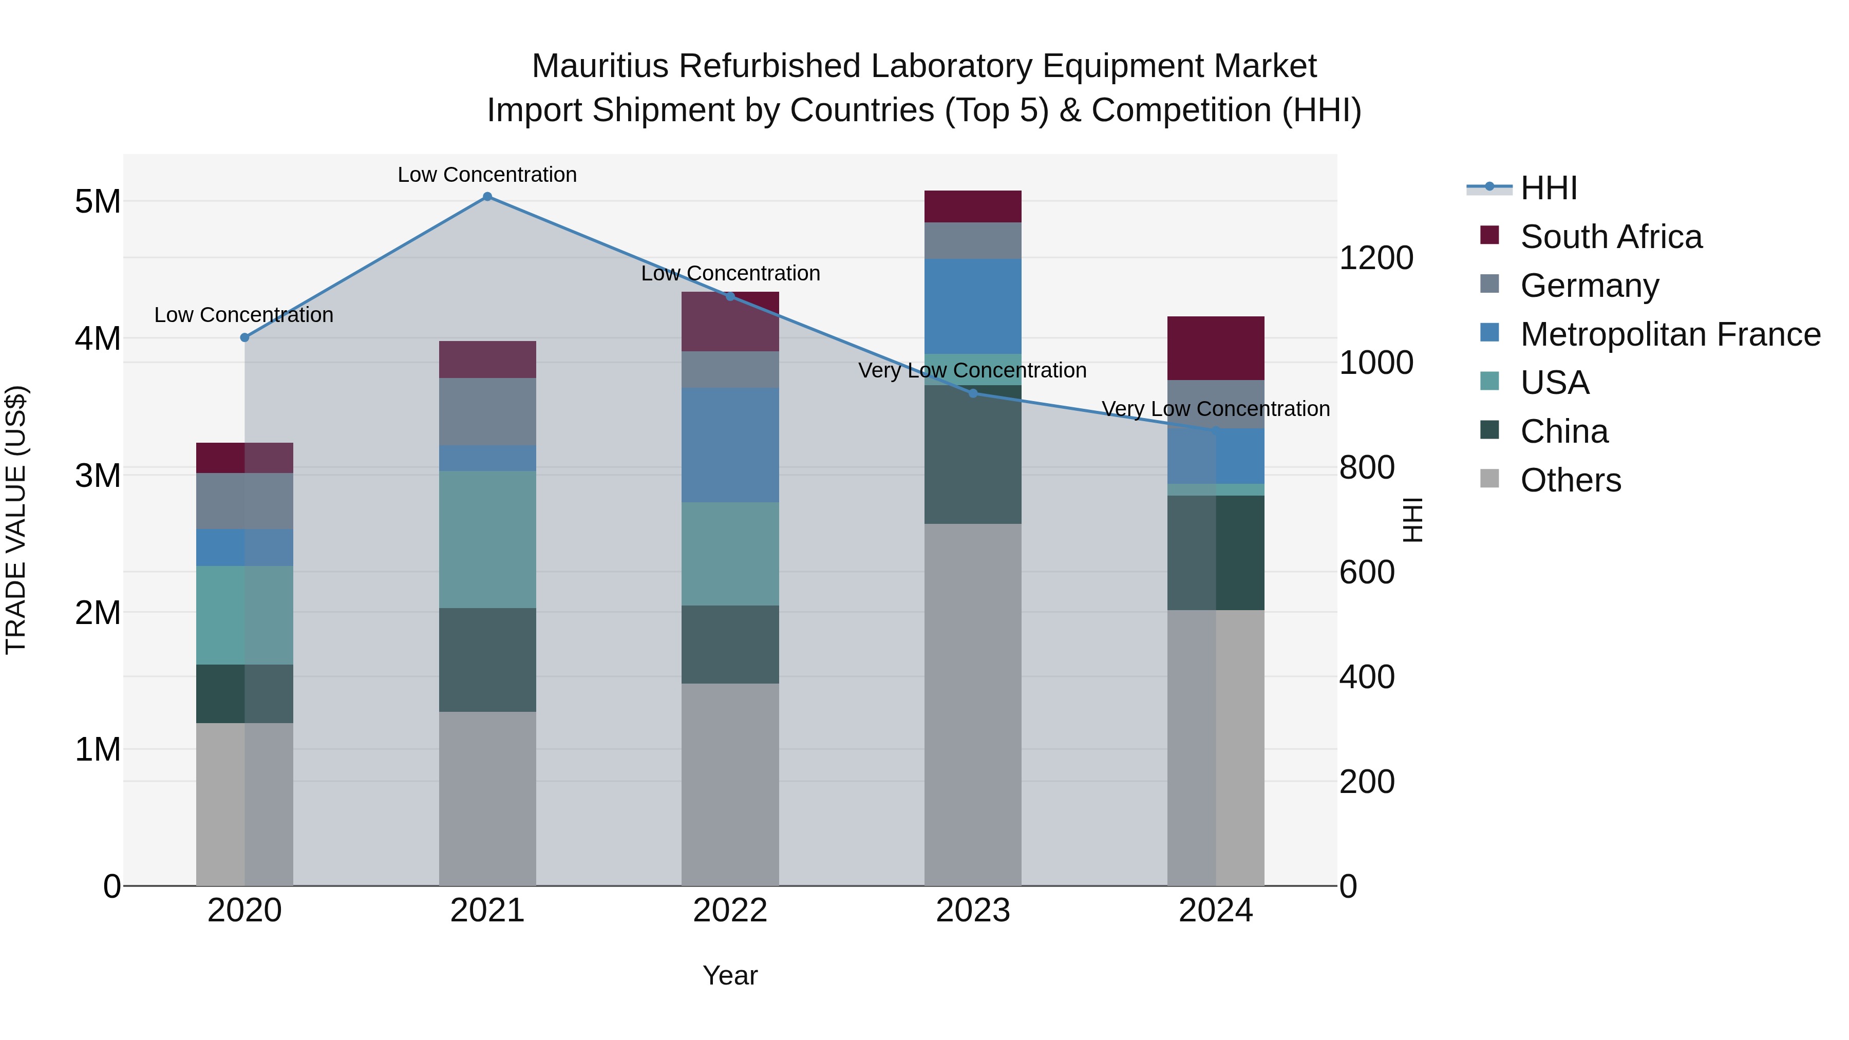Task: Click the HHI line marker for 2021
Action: (x=487, y=197)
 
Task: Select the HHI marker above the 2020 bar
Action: (x=245, y=337)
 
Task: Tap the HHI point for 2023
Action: (x=973, y=393)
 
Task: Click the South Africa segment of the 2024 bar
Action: (x=1215, y=348)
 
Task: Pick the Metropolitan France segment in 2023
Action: (x=973, y=307)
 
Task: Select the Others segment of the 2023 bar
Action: (x=973, y=704)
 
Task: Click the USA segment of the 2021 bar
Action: (x=487, y=539)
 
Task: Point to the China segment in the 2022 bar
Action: (x=730, y=644)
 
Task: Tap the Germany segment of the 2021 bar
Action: (x=487, y=411)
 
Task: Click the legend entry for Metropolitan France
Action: (x=1670, y=334)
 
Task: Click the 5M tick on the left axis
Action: (x=98, y=202)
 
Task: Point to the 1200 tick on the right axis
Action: (x=1376, y=258)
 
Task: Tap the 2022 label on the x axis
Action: (x=730, y=911)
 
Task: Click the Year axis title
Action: (x=730, y=975)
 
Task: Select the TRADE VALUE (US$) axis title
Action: (x=16, y=520)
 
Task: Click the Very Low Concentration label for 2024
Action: (x=1215, y=409)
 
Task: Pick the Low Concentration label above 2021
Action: (x=487, y=175)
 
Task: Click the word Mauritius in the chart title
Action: (x=600, y=66)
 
